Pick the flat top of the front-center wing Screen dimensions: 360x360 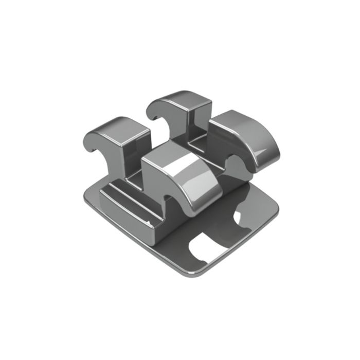tap(167, 154)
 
